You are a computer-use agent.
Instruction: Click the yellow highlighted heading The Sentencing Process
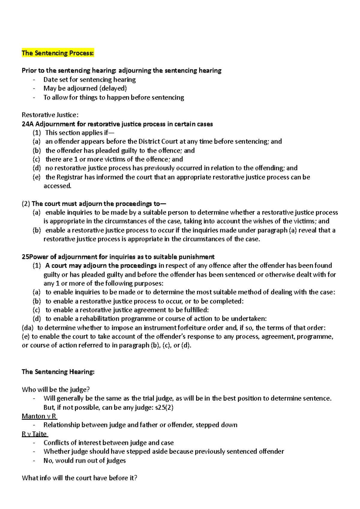click(x=58, y=53)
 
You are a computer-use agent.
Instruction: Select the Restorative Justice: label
click(x=50, y=115)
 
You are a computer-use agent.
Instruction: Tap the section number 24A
click(x=27, y=124)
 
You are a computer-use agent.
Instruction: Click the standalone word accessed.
click(x=58, y=186)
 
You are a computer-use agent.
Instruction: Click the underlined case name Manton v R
click(x=39, y=416)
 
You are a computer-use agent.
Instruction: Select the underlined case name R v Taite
click(x=34, y=434)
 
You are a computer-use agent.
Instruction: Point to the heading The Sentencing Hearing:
click(x=58, y=372)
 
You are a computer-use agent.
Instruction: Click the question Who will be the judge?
click(x=56, y=389)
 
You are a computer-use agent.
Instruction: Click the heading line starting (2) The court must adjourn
click(x=94, y=204)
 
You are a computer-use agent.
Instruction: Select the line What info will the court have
click(x=79, y=478)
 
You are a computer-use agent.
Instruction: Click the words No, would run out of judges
click(x=85, y=460)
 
